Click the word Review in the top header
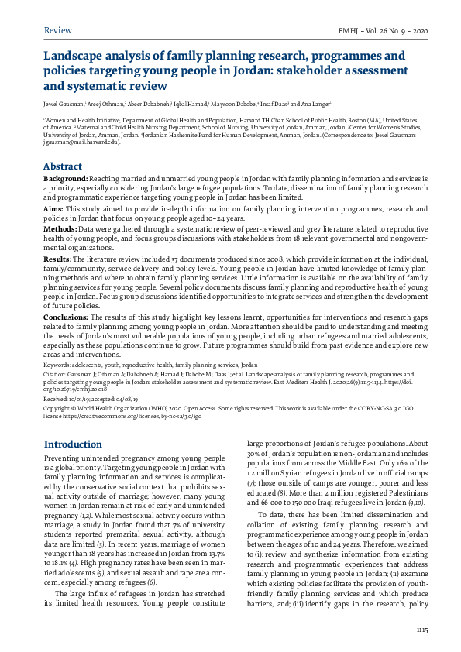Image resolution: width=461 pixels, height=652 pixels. (58, 30)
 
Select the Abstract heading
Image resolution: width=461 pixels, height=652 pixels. (62, 166)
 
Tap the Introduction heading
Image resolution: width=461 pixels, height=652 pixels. (72, 444)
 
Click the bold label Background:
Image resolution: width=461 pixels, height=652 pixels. (65, 179)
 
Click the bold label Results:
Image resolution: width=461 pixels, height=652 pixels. (58, 259)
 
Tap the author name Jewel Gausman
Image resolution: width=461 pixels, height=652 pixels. (60, 103)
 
